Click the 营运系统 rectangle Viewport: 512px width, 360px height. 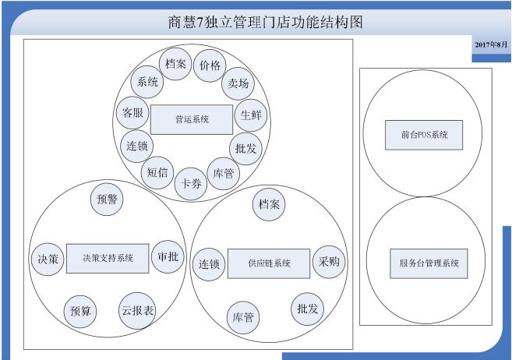tap(192, 119)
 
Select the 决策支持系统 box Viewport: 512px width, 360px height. tap(108, 258)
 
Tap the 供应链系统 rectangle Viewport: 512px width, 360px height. tap(269, 263)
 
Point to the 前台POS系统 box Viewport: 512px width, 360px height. tap(424, 135)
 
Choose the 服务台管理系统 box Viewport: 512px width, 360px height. tap(429, 263)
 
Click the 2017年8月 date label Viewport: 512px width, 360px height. tap(491, 44)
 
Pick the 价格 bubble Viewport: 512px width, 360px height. tap(210, 65)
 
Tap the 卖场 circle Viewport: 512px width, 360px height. tap(238, 83)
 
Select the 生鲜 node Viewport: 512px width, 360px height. tap(251, 115)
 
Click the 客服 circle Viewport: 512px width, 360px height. tap(132, 113)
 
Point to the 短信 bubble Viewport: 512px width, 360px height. tap(157, 172)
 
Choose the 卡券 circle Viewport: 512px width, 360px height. tap(191, 184)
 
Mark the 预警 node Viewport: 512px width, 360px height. tap(107, 199)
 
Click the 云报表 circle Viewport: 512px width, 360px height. tap(137, 310)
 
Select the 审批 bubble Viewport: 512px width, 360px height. tap(168, 257)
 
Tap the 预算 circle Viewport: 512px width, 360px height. tap(80, 312)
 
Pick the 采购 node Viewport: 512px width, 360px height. tap(329, 262)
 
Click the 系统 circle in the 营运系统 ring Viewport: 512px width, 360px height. tap(147, 82)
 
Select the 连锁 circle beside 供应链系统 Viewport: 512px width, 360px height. tap(209, 264)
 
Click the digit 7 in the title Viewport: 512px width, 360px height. tap(200, 23)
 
